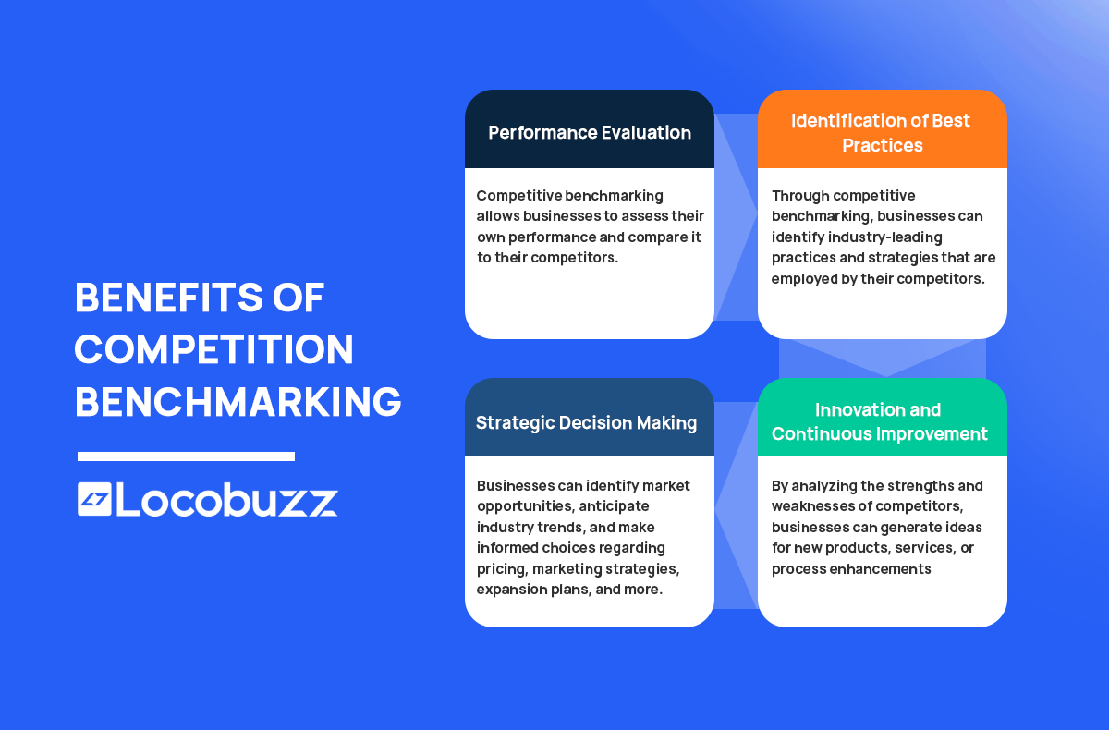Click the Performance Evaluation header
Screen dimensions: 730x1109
point(589,132)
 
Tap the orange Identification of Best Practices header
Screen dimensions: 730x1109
point(882,132)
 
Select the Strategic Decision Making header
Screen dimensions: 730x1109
point(586,422)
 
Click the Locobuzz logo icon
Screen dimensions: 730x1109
point(94,499)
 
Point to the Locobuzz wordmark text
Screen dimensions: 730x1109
point(227,500)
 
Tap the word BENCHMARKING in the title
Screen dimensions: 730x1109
point(238,402)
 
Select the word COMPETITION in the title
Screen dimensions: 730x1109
point(213,349)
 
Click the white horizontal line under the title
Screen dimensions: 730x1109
point(186,456)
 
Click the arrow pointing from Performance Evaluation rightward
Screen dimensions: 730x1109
point(736,216)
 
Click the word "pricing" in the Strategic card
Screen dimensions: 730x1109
point(501,568)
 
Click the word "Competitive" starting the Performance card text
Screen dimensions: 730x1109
point(520,196)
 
